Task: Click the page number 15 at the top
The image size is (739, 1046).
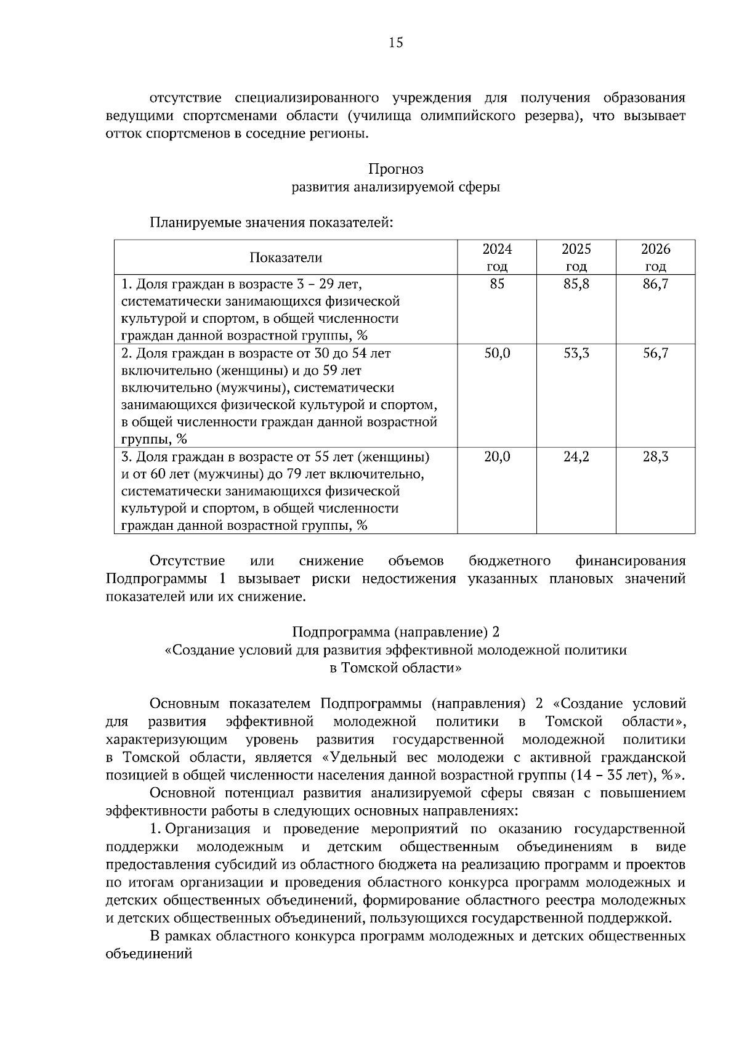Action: (395, 43)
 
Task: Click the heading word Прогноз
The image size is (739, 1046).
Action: (395, 169)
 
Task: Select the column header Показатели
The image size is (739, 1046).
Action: (285, 257)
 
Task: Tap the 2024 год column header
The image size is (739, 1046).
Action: (496, 257)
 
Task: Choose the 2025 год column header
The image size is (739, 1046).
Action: (576, 257)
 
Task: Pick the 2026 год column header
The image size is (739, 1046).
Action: (655, 257)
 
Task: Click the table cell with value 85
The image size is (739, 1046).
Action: (496, 284)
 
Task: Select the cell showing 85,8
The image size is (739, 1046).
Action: (576, 284)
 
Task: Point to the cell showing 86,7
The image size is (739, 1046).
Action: (655, 284)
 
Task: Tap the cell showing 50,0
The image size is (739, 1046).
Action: (496, 354)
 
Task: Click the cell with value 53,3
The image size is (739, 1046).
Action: (576, 354)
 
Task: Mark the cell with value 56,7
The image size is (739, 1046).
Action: (655, 354)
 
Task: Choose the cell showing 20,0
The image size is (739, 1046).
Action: (496, 457)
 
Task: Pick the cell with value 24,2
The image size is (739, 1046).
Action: (576, 457)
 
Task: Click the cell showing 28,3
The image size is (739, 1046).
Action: (655, 457)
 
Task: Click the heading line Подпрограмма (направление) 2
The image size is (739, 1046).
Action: (395, 632)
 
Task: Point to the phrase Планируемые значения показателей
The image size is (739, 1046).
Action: (271, 222)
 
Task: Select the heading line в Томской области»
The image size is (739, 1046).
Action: (395, 668)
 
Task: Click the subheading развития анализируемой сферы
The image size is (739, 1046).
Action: (395, 187)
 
